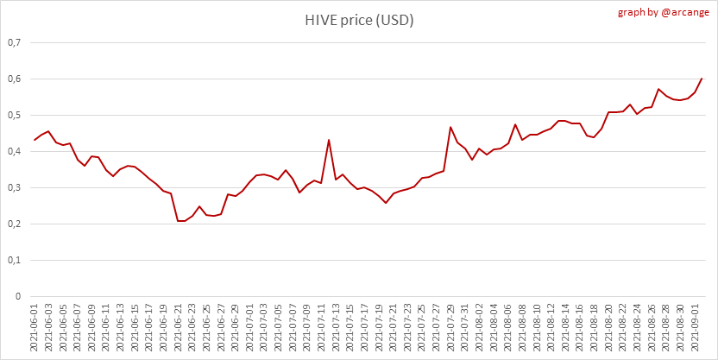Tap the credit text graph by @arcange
(x=663, y=12)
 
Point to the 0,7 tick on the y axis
(x=14, y=42)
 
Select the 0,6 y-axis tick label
(x=14, y=79)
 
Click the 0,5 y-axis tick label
(x=14, y=115)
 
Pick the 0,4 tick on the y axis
(x=14, y=151)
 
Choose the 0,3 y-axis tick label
(x=14, y=187)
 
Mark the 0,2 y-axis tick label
(x=14, y=224)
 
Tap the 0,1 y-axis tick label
(x=14, y=260)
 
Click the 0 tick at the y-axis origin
(x=18, y=296)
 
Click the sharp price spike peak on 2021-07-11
(x=329, y=140)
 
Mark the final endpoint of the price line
(x=702, y=79)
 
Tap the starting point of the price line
(x=35, y=140)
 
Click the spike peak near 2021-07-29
(x=450, y=127)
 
